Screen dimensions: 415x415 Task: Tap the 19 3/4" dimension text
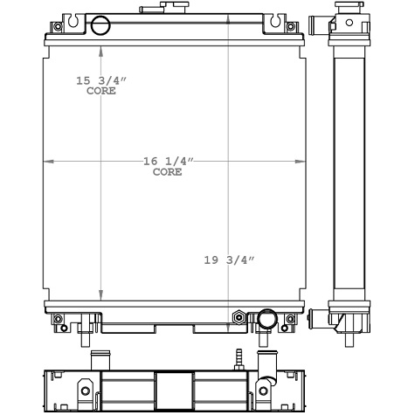pos(227,259)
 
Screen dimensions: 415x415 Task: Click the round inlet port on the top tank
pos(100,24)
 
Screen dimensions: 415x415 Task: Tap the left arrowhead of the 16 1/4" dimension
pos(49,162)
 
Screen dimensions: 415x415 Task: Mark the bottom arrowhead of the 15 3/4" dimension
pos(100,296)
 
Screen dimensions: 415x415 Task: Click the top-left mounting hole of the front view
pos(58,25)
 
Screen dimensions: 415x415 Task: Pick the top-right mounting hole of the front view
pos(291,25)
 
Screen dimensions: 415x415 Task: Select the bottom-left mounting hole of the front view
pos(58,318)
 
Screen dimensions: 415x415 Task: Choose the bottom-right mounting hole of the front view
pos(291,318)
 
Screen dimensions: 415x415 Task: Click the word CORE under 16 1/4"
pos(168,172)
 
